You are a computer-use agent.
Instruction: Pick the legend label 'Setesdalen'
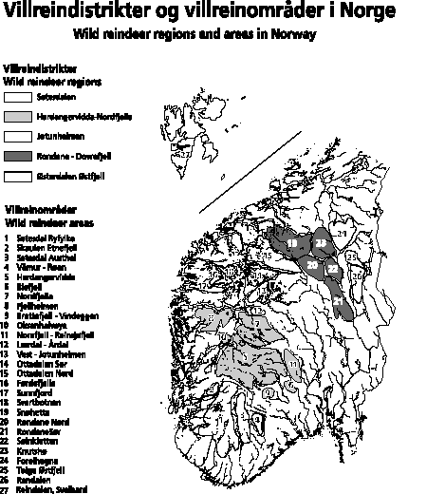(53, 96)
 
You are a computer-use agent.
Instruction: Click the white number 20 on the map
(311, 264)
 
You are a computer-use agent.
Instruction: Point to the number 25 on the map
(350, 257)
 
